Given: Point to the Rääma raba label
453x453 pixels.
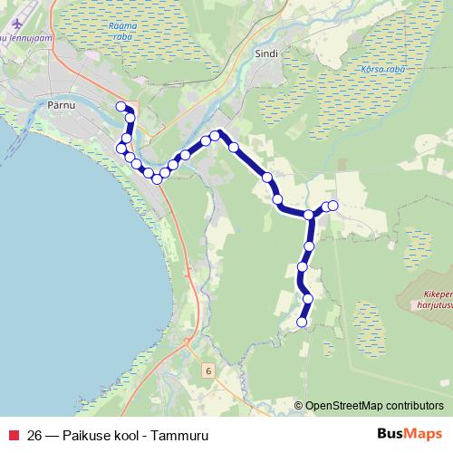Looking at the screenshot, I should coord(120,33).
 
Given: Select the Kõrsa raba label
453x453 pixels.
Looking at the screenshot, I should coord(358,69).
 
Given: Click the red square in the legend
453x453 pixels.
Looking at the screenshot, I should coord(14,432).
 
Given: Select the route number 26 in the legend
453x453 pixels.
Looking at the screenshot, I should coord(34,432).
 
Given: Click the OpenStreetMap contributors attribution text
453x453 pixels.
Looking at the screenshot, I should coord(374,406).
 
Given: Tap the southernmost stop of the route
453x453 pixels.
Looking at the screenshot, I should coord(302,322).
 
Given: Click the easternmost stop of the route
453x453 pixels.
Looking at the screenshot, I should coord(333,206).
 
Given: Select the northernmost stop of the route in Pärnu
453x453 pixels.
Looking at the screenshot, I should coord(120,107).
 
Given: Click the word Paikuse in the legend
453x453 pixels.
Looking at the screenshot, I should coord(87,432).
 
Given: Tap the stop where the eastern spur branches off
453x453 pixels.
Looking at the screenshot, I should coord(310,215).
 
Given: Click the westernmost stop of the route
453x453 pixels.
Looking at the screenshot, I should coord(120,148).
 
